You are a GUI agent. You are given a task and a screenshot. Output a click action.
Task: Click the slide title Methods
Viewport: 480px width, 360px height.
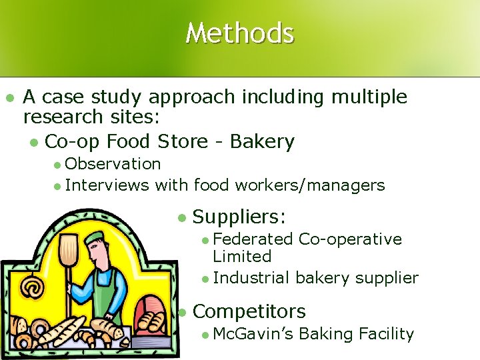239,33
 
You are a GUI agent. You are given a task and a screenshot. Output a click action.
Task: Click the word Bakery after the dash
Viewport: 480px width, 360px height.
262,141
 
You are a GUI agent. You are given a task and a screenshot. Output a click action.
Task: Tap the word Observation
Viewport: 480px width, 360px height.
113,164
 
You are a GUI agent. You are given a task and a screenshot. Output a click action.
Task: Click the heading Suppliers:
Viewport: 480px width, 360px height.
239,216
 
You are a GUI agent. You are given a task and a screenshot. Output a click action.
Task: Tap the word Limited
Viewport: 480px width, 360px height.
242,256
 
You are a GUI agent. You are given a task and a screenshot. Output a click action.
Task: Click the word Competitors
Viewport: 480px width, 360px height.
249,311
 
